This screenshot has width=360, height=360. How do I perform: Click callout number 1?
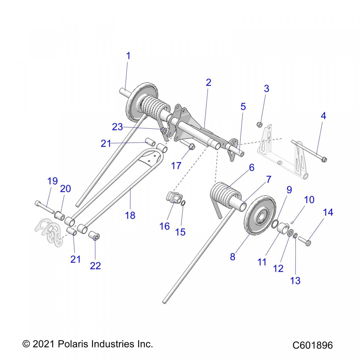[128, 56]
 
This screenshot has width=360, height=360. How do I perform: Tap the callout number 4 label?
[323, 116]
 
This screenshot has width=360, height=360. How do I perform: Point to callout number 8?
[232, 257]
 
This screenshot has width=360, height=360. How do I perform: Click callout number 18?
[130, 215]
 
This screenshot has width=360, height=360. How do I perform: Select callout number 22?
[95, 265]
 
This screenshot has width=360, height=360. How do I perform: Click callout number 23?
[117, 127]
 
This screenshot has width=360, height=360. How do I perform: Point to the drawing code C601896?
[313, 345]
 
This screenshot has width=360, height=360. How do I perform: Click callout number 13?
[295, 280]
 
